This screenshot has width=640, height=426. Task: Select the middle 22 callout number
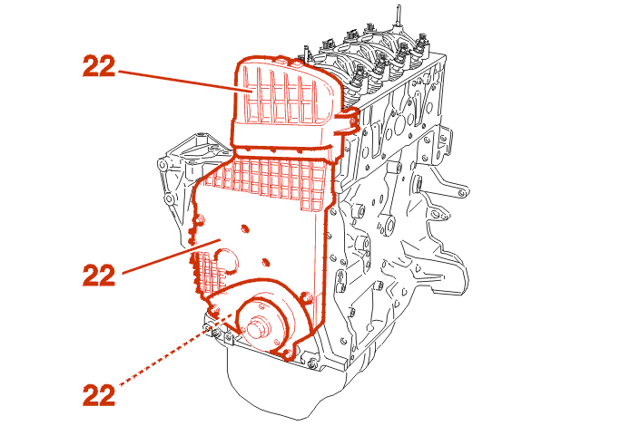[x=98, y=273]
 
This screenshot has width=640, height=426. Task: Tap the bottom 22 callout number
[x=98, y=394]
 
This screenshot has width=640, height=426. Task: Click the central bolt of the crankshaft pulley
[x=257, y=327]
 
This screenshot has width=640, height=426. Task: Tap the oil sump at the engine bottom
[x=272, y=390]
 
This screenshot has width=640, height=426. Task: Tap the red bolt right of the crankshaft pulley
[x=307, y=298]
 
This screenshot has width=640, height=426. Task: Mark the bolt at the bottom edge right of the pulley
[x=313, y=365]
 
